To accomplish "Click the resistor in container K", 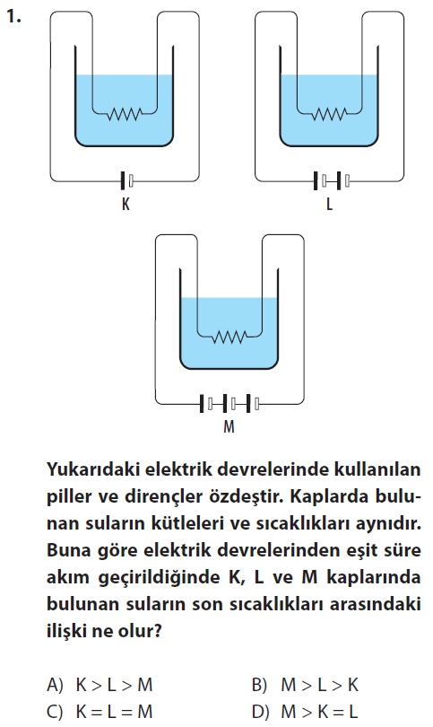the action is [124, 113].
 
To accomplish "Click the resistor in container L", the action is [329, 113].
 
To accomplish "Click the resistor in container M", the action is [229, 337].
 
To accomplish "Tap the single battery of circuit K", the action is [127, 180].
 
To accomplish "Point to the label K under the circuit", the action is [126, 204].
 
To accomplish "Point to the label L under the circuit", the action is [329, 204].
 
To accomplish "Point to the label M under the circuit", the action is [229, 426].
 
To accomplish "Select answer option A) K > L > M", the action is [100, 685].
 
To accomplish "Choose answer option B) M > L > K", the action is [305, 685].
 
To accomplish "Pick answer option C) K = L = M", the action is [100, 712].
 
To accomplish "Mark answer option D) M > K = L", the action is [305, 712].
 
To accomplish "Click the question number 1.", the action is [13, 17].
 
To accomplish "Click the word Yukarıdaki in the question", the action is [92, 469].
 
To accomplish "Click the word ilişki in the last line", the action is [66, 631].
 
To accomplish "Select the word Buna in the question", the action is [68, 550].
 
